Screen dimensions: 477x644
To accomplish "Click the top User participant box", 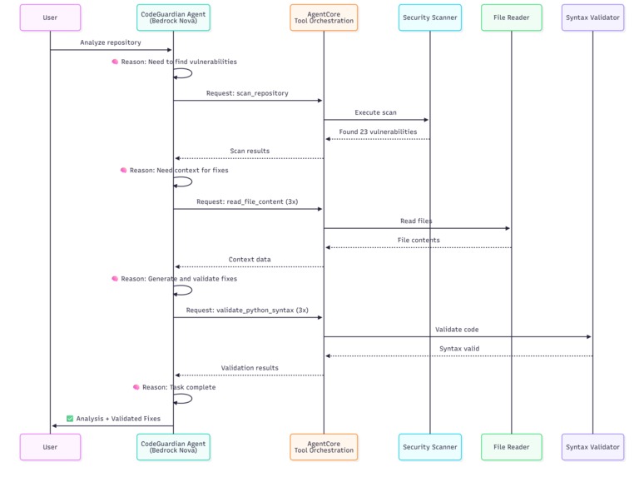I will coord(50,17).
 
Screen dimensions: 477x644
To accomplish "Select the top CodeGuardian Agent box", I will coord(173,17).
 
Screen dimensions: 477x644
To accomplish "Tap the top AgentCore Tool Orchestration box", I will coord(324,17).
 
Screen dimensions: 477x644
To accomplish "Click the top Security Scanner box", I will coord(429,17).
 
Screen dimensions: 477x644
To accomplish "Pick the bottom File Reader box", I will coord(511,447).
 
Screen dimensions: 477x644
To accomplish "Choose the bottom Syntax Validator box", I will coord(592,447).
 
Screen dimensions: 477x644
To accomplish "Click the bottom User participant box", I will coord(50,447).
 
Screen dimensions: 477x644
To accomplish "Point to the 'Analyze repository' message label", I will coord(111,42).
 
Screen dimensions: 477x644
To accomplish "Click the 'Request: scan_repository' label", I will coord(248,93).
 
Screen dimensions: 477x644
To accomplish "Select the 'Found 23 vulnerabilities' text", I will coord(378,132).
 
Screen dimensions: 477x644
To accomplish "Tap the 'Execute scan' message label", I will coord(376,112).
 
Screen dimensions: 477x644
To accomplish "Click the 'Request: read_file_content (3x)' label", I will coord(247,201).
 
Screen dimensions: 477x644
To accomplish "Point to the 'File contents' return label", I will coord(419,240).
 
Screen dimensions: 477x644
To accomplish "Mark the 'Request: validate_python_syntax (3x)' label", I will coord(247,310).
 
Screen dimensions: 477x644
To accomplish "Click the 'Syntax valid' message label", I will coord(459,349).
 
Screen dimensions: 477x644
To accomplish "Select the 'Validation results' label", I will coord(250,368).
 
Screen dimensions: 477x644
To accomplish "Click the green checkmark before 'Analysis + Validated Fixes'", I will coord(70,419).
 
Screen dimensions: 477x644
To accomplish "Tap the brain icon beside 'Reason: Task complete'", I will coord(136,387).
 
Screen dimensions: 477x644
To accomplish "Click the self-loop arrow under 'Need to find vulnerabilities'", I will coord(184,73).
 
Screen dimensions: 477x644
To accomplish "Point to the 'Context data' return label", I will coord(250,260).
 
